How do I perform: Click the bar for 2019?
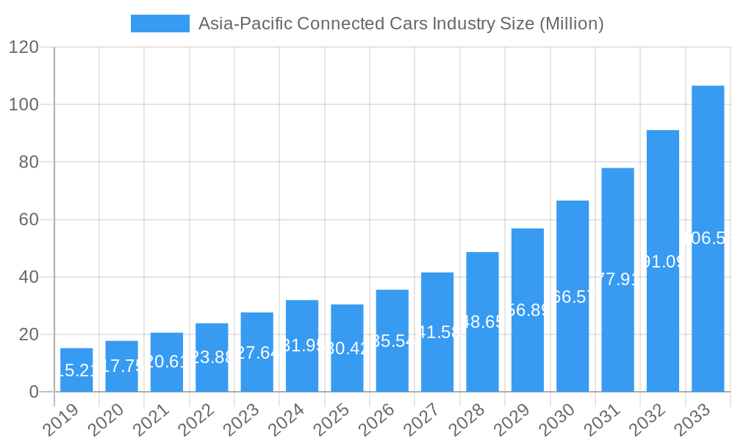[x=76, y=370]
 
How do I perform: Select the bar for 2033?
[x=708, y=239]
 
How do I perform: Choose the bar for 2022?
[x=212, y=357]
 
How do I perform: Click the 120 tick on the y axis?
[x=24, y=47]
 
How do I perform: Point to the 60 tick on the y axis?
[x=29, y=220]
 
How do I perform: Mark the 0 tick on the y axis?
[x=34, y=392]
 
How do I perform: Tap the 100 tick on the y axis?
[x=24, y=104]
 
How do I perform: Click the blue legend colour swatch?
[x=159, y=24]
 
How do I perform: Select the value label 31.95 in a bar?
[x=302, y=345]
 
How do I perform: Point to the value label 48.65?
[x=482, y=322]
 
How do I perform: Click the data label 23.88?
[x=212, y=357]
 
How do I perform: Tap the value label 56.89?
[x=528, y=310]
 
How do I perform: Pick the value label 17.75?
[x=121, y=366]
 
